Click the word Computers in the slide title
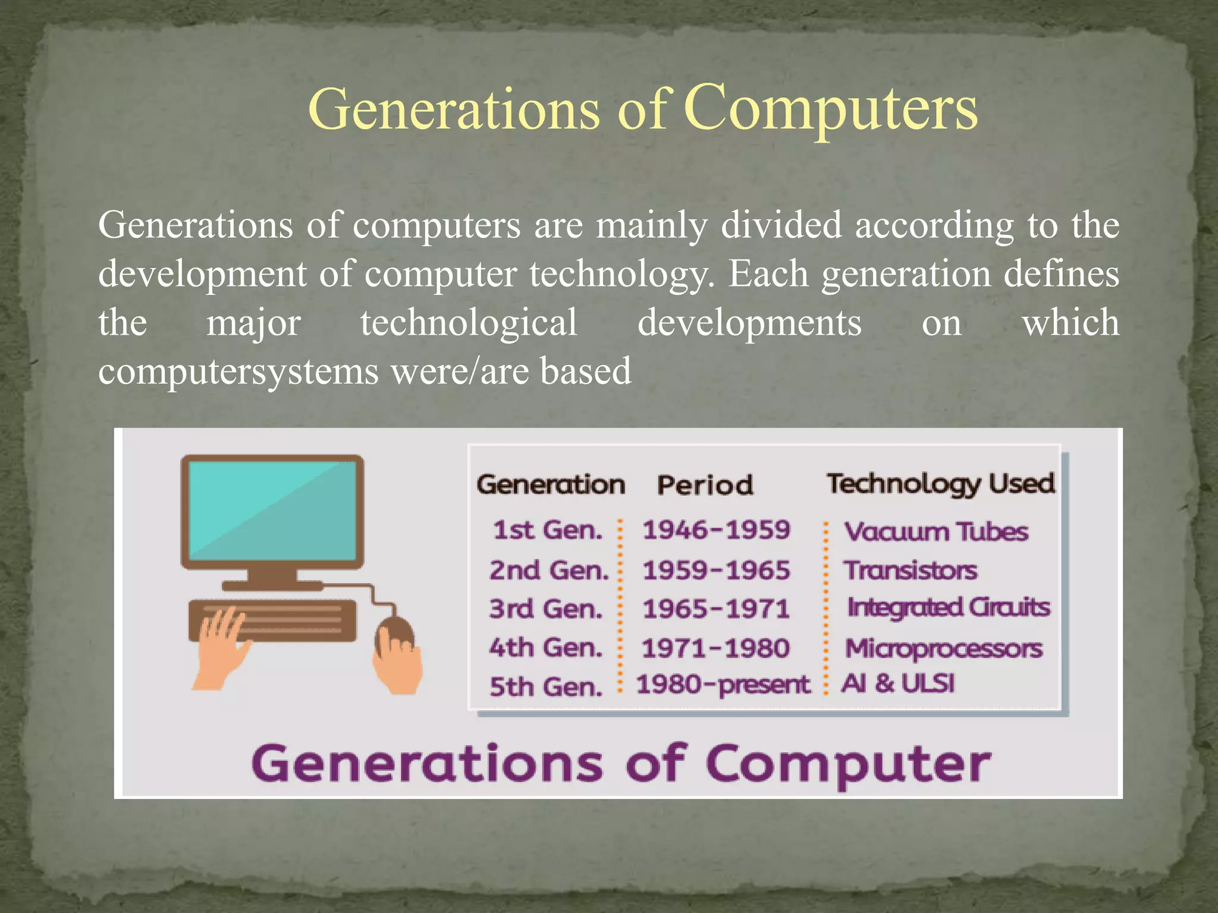[x=830, y=108]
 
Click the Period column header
[x=705, y=485]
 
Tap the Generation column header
[x=551, y=484]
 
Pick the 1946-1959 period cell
[x=716, y=530]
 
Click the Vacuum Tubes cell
[x=936, y=531]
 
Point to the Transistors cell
[x=910, y=570]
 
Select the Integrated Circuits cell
[x=948, y=608]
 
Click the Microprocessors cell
[x=943, y=648]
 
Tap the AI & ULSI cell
[x=897, y=684]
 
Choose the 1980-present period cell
[x=723, y=685]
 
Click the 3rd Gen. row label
[x=545, y=609]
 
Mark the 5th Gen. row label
[x=545, y=687]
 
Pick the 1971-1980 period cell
[x=715, y=648]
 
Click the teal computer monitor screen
[x=272, y=510]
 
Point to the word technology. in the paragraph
[x=621, y=274]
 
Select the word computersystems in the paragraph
[x=238, y=372]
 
